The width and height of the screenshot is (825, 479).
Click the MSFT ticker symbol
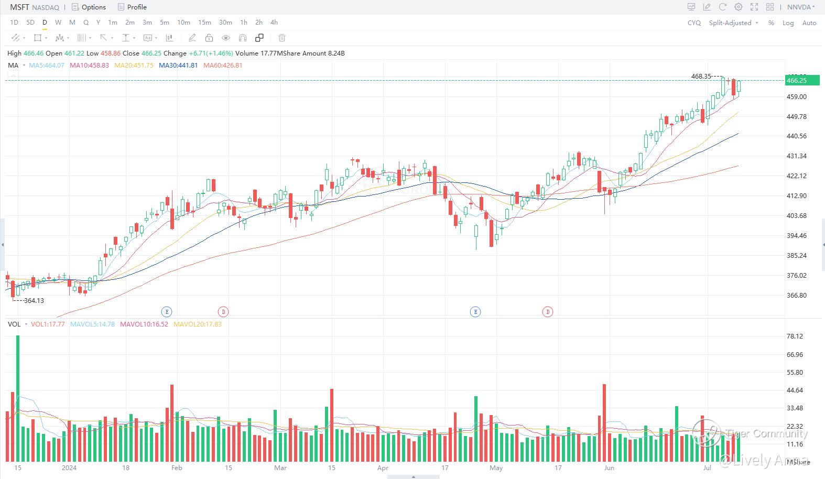(19, 7)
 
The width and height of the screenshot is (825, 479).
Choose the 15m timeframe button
(204, 23)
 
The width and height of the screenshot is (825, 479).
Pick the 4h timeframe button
(274, 23)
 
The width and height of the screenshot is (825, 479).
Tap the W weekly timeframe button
(58, 23)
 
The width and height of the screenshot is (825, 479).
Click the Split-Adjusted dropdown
(733, 23)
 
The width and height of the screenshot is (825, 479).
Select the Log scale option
(788, 23)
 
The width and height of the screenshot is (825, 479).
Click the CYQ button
(694, 23)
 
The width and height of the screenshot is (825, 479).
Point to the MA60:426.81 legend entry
(223, 66)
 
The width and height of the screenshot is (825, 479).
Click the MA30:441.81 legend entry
(178, 66)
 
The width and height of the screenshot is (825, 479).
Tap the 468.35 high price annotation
(701, 77)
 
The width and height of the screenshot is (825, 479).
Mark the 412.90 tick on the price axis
(796, 196)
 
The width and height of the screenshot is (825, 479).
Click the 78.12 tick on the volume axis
(795, 336)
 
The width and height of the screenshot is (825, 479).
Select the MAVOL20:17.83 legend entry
(197, 324)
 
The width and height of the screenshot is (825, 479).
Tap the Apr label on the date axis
(383, 467)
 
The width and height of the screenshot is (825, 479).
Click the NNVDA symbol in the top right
(799, 7)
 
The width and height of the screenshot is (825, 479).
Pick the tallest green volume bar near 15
(18, 398)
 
